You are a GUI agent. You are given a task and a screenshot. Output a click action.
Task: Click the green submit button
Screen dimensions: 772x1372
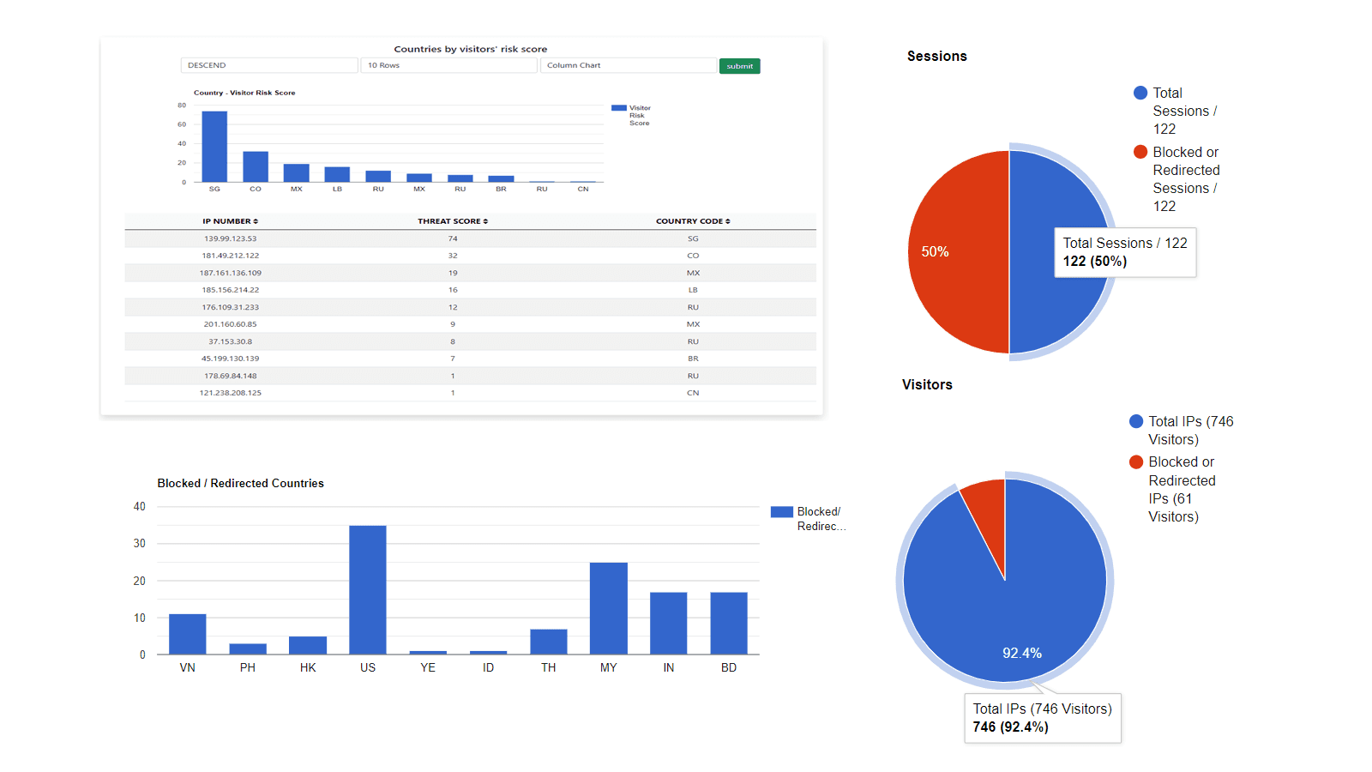[739, 66]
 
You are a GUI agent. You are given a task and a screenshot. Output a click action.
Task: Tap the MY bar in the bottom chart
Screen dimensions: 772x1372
[608, 608]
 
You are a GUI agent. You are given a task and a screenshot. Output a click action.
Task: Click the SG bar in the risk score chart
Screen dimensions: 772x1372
[214, 147]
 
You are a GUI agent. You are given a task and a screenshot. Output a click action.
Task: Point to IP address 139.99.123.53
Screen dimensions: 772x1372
[230, 238]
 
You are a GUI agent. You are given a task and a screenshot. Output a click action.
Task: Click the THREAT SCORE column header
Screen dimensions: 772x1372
[453, 221]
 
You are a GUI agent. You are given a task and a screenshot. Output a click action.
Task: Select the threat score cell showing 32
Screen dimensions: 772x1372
[453, 256]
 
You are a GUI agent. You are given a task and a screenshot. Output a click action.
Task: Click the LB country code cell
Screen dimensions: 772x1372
[693, 290]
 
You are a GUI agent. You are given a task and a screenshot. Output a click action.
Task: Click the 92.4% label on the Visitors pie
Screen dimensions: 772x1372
[1022, 654]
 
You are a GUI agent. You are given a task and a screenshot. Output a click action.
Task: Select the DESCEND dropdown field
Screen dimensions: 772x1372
[268, 65]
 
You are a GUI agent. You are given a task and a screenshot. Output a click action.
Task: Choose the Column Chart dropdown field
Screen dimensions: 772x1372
[628, 65]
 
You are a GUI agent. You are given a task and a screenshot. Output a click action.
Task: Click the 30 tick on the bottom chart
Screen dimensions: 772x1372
[139, 544]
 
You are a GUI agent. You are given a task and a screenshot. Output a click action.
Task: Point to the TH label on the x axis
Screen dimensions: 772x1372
[548, 667]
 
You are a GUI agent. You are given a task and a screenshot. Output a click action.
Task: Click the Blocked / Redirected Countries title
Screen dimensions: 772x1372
[240, 484]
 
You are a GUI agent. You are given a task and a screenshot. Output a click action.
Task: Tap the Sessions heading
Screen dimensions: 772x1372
[936, 57]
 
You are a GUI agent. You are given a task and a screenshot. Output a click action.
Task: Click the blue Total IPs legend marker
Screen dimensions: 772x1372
[1136, 421]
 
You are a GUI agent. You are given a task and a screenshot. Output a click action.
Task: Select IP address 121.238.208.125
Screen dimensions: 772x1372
[230, 393]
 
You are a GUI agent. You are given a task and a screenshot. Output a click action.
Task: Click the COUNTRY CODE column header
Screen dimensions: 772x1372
[693, 221]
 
